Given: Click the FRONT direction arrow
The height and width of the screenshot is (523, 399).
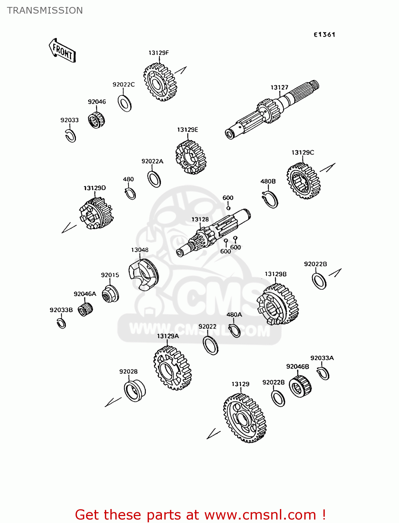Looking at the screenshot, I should [x=62, y=51].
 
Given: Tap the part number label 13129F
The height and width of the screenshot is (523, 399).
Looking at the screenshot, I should [x=158, y=53].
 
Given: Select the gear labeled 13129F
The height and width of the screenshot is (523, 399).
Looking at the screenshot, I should [x=160, y=83].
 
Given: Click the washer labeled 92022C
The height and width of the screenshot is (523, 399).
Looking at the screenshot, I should [x=125, y=103].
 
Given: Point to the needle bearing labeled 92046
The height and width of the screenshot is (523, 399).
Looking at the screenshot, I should [x=96, y=120].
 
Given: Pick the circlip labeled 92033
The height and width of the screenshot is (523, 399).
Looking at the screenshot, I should [x=71, y=136].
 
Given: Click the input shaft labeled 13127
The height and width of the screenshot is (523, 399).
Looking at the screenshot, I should [x=272, y=110].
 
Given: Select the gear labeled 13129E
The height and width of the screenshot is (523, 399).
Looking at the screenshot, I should [x=190, y=157].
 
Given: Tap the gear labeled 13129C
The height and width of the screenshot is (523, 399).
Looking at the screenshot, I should [x=303, y=181].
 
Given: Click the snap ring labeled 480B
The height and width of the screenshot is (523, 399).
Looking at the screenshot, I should [x=271, y=200].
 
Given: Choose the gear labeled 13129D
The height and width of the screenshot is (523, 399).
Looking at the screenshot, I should [x=96, y=213].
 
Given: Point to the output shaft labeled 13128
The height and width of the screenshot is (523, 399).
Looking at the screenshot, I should [x=212, y=233].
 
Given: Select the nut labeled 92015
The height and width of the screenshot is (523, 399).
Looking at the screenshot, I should [x=110, y=294].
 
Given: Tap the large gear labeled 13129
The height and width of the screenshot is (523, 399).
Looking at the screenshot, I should [x=245, y=418].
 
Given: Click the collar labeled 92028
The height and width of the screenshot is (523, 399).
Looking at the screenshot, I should [x=134, y=391].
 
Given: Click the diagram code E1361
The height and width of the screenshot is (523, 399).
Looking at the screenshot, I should [x=324, y=35].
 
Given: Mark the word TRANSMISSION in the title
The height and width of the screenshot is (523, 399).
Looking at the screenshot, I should [x=45, y=10].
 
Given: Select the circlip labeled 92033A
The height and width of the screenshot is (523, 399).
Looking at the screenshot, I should [x=324, y=373].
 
